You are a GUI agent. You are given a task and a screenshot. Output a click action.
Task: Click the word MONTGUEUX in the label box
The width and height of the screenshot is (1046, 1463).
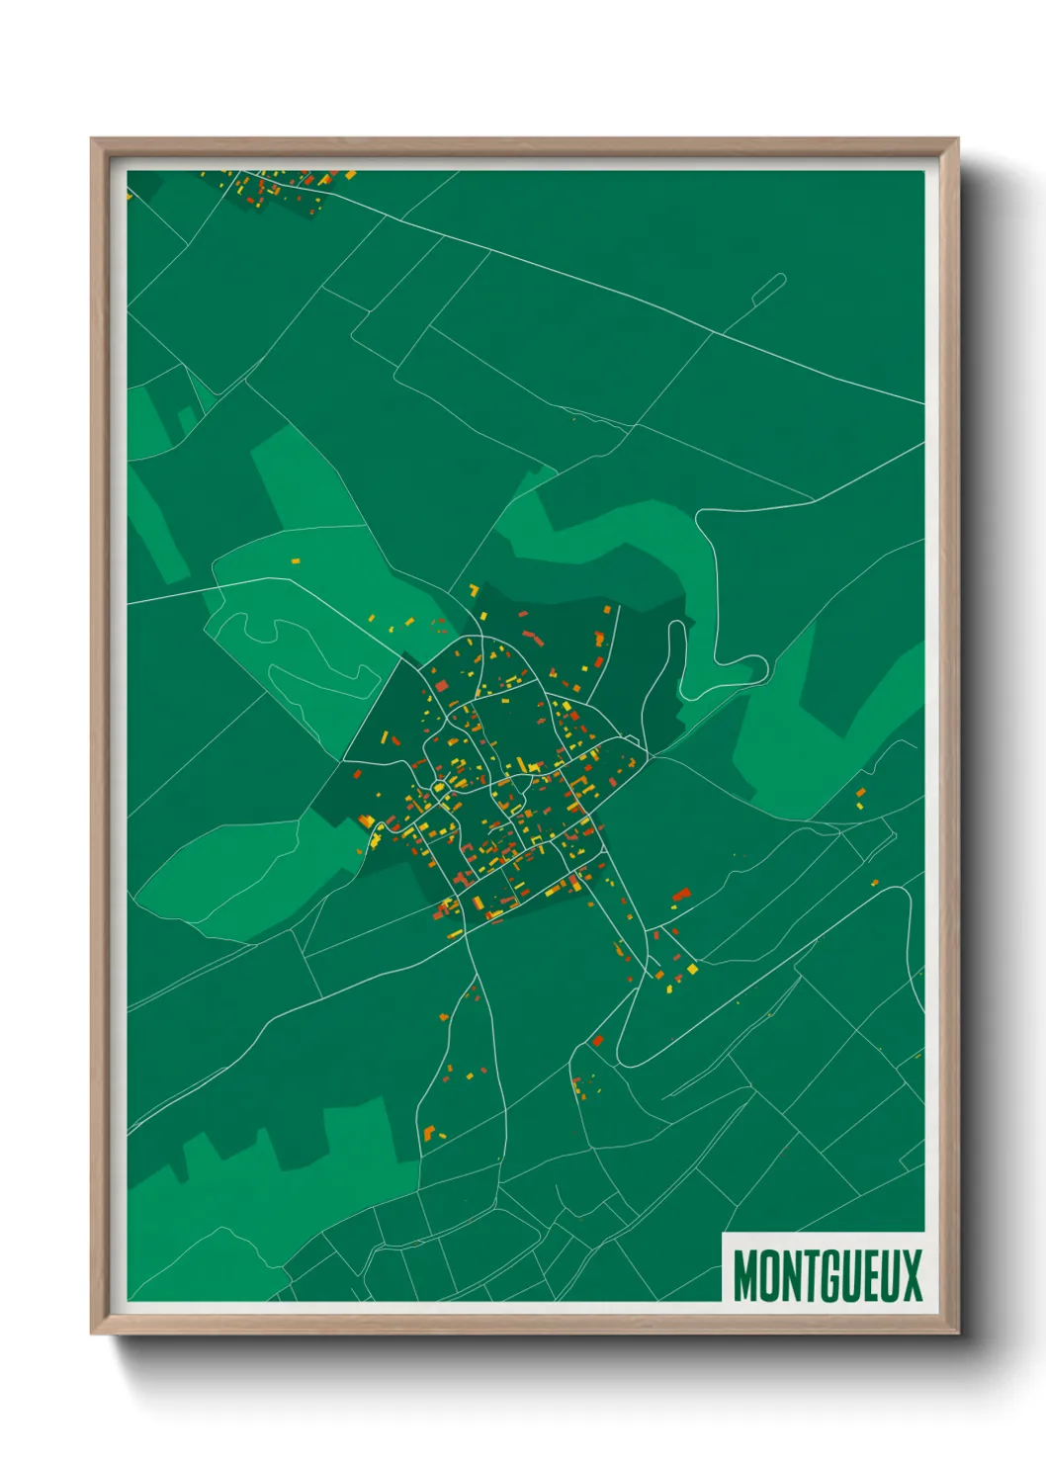click(827, 1275)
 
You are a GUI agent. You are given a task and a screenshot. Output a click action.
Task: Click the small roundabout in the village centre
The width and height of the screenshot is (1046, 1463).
click(438, 787)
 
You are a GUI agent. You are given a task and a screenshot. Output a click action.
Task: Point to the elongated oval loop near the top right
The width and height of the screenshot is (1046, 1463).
click(768, 289)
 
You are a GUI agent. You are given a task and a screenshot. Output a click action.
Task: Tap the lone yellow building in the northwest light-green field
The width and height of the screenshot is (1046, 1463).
click(295, 560)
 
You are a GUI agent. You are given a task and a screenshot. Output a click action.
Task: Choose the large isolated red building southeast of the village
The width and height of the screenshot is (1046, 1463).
click(681, 896)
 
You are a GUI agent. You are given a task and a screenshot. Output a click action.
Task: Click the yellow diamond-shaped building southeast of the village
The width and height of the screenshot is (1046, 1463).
click(692, 969)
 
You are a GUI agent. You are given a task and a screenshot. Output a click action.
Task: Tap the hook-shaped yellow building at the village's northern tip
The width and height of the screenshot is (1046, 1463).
click(475, 590)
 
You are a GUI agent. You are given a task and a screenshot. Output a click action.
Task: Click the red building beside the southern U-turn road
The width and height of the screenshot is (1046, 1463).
click(597, 1041)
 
